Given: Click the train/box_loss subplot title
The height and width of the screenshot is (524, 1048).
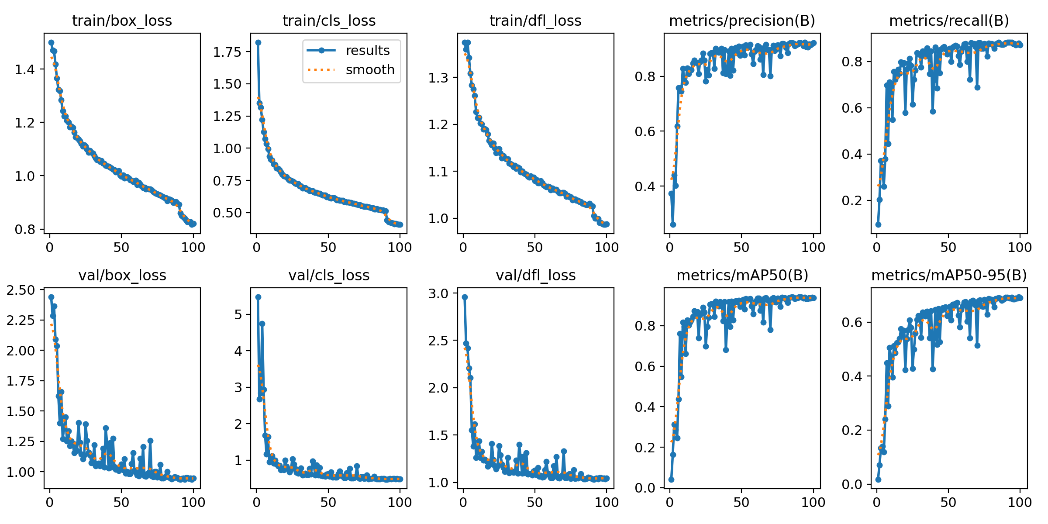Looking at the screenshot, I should coord(122,21).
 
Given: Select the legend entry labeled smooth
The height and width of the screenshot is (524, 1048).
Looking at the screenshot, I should coord(370,69).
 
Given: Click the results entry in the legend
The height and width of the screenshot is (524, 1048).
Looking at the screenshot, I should coord(367,51).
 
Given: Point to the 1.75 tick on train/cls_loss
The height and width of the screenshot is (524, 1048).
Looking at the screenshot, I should coord(227,52).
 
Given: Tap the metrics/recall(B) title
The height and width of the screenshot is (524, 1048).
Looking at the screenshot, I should coord(949,21).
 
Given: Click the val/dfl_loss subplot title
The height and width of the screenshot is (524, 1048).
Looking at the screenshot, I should coord(535,275).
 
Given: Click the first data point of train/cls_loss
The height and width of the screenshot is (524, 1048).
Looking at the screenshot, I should coord(258,42).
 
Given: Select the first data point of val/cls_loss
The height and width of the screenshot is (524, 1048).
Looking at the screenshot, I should coord(258,297).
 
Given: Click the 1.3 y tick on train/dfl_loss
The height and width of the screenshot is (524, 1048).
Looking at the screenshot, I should coord(438,78).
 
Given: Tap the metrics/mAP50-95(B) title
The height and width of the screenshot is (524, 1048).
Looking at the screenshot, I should coord(949,275).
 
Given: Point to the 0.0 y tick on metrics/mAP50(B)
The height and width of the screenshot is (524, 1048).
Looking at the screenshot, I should coord(645,488).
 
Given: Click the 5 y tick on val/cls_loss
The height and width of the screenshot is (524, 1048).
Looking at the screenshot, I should coord(238,314).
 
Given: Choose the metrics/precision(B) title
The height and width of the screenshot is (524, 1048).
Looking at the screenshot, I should coord(742,21).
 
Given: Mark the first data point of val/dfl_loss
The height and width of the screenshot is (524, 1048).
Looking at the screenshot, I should coord(465,297).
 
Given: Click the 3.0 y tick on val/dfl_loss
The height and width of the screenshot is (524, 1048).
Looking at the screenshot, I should coord(438,293).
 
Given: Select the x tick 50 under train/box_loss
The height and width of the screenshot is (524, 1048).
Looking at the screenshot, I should coord(121,247).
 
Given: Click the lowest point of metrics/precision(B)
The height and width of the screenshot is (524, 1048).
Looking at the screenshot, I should coord(673,224).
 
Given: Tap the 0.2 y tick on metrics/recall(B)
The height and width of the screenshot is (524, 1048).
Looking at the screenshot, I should coord(852,200).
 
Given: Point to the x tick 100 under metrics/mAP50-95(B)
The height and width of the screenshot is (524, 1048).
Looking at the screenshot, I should coord(1020,502).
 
